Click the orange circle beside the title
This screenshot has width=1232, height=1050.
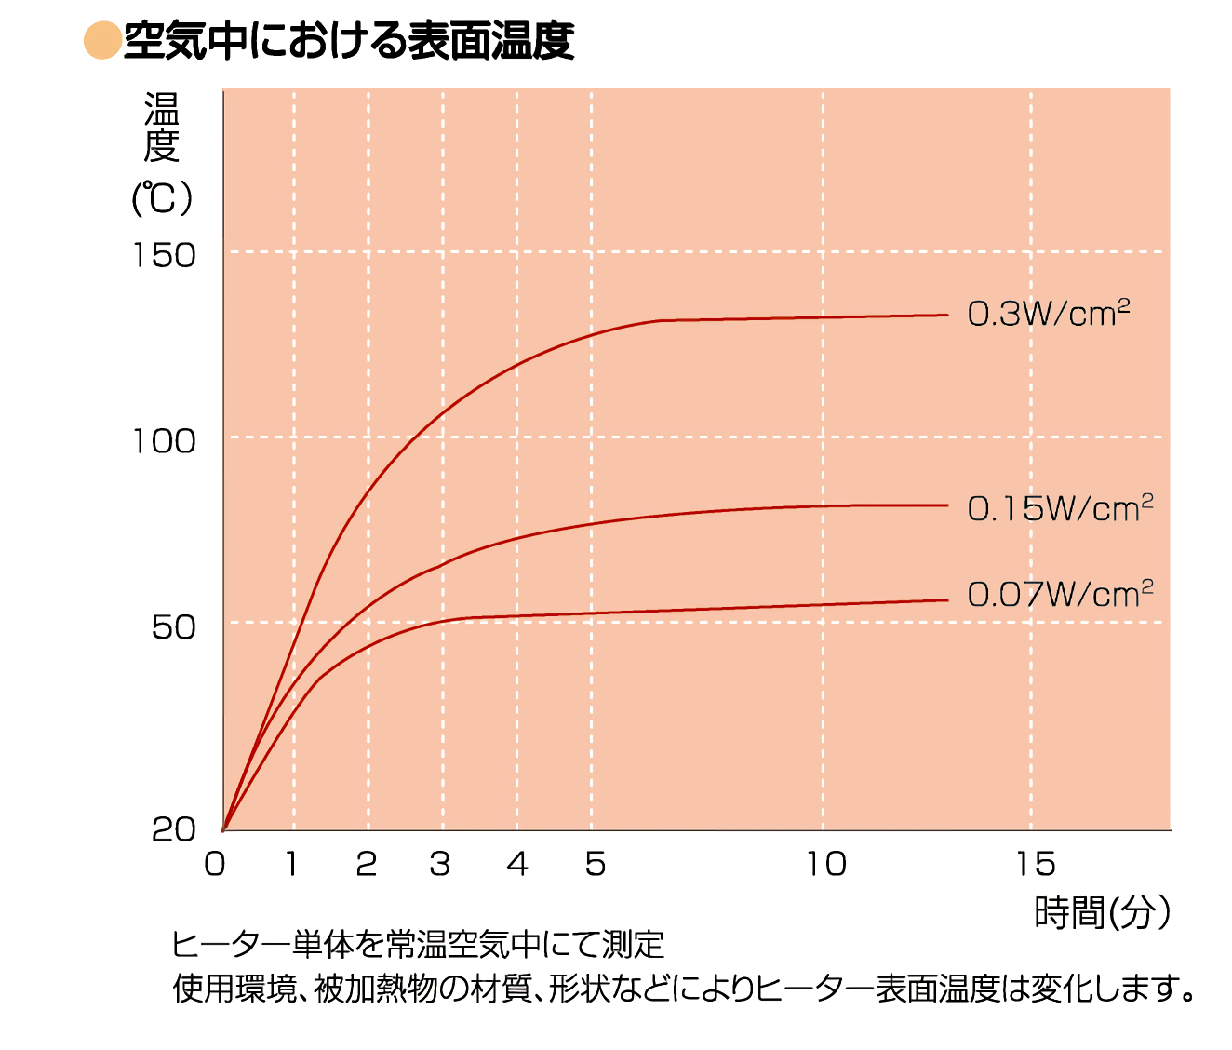tap(101, 41)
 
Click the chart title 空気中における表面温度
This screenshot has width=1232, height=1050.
tap(349, 41)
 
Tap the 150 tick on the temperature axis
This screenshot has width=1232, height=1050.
tap(165, 255)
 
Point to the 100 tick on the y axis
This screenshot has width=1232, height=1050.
tap(165, 441)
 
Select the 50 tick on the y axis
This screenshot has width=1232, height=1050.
tap(174, 627)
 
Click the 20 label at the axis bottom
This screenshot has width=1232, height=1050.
tap(174, 828)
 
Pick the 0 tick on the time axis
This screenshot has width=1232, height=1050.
tap(215, 864)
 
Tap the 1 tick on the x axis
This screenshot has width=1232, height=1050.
tap(291, 864)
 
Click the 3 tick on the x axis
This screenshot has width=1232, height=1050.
tap(440, 864)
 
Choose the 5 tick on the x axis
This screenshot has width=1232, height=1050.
tap(596, 864)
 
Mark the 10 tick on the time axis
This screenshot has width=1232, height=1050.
tap(826, 864)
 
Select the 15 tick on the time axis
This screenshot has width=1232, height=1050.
tap(1036, 864)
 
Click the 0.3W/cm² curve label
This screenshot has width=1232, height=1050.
tap(1049, 314)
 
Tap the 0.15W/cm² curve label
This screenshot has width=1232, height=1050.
tap(1060, 508)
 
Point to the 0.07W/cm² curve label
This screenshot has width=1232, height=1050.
tap(1060, 593)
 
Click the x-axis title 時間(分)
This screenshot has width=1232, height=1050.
tap(1102, 913)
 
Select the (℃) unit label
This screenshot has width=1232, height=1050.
tap(162, 198)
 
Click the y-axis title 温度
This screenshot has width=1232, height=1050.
tap(162, 128)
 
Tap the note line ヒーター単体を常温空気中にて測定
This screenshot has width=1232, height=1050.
tap(418, 944)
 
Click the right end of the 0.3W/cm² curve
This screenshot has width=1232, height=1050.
tap(945, 316)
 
